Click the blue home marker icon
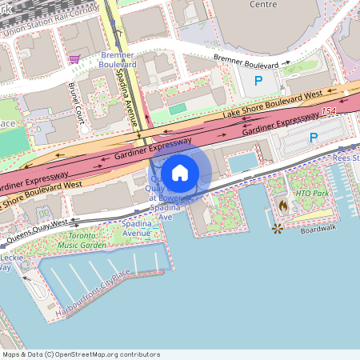coord(180,172)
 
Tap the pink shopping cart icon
coord(74,59)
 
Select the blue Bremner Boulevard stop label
coord(117,60)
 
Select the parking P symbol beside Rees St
coord(314,138)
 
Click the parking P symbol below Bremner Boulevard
coord(258,81)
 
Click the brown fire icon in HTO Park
coord(283,205)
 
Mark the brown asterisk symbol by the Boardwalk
coord(277,229)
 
